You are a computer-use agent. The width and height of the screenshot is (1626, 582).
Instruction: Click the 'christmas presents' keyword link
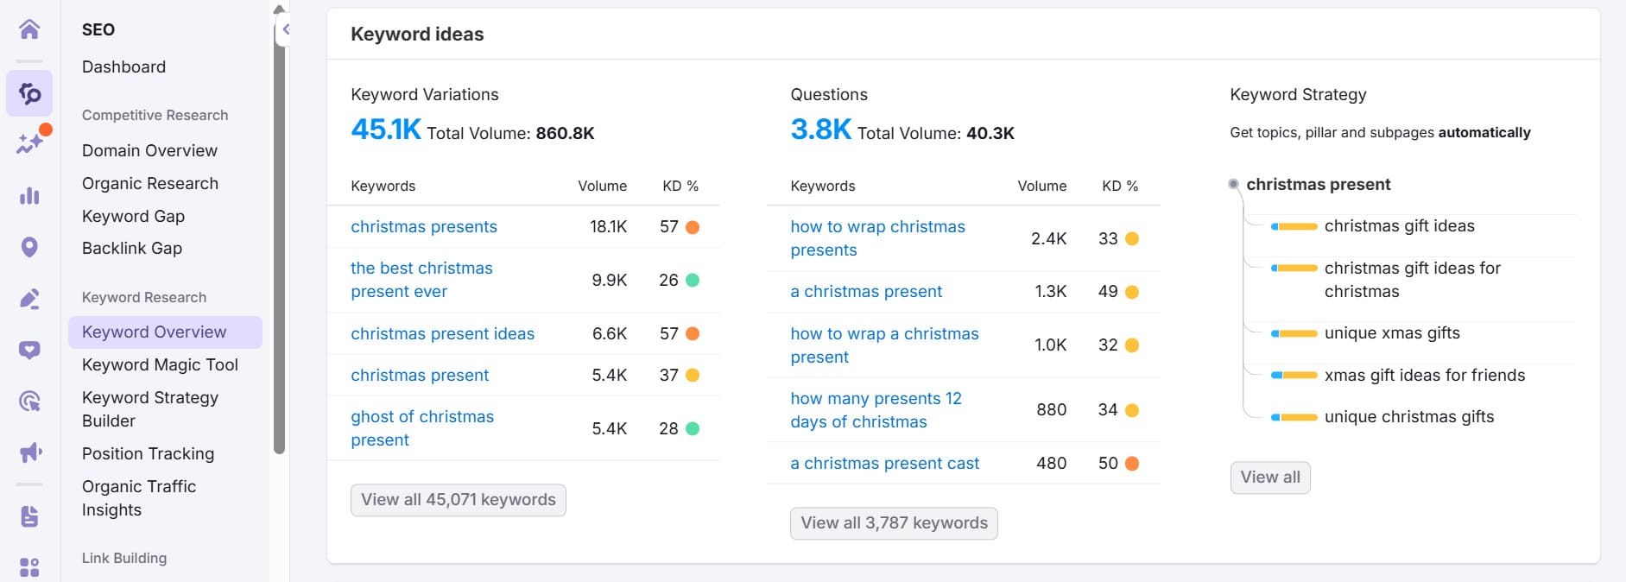423,227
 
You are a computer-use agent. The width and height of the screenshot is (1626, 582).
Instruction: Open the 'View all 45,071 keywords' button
458,500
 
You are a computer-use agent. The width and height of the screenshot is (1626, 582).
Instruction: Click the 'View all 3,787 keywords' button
893,523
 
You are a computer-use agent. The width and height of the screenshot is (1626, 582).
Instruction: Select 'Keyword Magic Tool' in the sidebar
160,365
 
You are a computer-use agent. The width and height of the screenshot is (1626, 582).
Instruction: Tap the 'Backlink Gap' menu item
131,249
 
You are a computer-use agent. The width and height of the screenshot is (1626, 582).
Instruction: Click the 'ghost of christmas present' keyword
421,428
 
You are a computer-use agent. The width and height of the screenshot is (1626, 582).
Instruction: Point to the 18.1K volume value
608,227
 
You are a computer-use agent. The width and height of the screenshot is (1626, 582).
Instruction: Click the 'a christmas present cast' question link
884,464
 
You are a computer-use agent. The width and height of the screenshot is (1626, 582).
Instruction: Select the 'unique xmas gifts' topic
1391,333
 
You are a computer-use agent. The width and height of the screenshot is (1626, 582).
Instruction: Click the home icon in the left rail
29,29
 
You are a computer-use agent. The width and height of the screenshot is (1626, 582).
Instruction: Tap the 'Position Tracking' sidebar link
148,454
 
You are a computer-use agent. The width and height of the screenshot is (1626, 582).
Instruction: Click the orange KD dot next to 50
1131,464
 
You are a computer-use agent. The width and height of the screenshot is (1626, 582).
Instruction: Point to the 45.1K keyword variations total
385,130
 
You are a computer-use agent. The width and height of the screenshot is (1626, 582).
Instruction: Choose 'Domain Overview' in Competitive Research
149,151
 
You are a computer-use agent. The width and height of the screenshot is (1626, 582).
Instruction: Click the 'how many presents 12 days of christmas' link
875,410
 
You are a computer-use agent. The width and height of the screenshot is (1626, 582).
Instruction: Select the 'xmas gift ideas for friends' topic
1424,376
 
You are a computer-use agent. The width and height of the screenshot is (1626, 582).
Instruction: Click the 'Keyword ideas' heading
417,35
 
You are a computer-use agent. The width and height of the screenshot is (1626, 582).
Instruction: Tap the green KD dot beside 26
692,281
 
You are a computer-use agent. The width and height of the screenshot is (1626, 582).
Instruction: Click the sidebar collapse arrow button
285,30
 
